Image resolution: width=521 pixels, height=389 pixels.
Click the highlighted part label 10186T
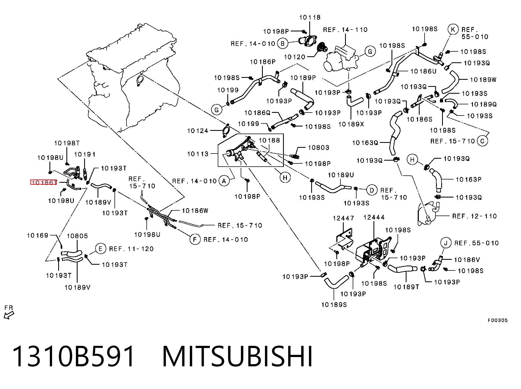pyautogui.click(x=44, y=182)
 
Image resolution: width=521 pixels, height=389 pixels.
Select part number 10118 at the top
pyautogui.click(x=310, y=17)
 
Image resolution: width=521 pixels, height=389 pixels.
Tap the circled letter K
pyautogui.click(x=453, y=29)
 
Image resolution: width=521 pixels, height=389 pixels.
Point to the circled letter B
pyautogui.click(x=283, y=43)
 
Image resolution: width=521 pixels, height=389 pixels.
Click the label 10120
pyautogui.click(x=295, y=57)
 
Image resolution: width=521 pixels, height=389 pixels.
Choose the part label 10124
pyautogui.click(x=198, y=131)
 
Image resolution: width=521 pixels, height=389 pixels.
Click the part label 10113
pyautogui.click(x=198, y=154)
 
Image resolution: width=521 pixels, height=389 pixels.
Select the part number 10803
pyautogui.click(x=319, y=148)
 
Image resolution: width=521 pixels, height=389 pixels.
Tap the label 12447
pyautogui.click(x=343, y=218)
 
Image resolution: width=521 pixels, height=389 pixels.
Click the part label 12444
pyautogui.click(x=374, y=217)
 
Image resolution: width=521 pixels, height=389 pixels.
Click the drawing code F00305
pyautogui.click(x=498, y=320)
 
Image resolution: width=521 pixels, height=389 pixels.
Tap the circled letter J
pyautogui.click(x=446, y=243)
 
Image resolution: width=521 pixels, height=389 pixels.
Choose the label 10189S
pyautogui.click(x=334, y=304)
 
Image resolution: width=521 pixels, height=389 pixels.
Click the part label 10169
pyautogui.click(x=38, y=235)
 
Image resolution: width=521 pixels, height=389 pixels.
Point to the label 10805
pyautogui.click(x=77, y=236)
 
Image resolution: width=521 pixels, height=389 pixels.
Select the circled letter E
pyautogui.click(x=101, y=249)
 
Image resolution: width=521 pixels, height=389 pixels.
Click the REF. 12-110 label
pyautogui.click(x=475, y=216)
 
